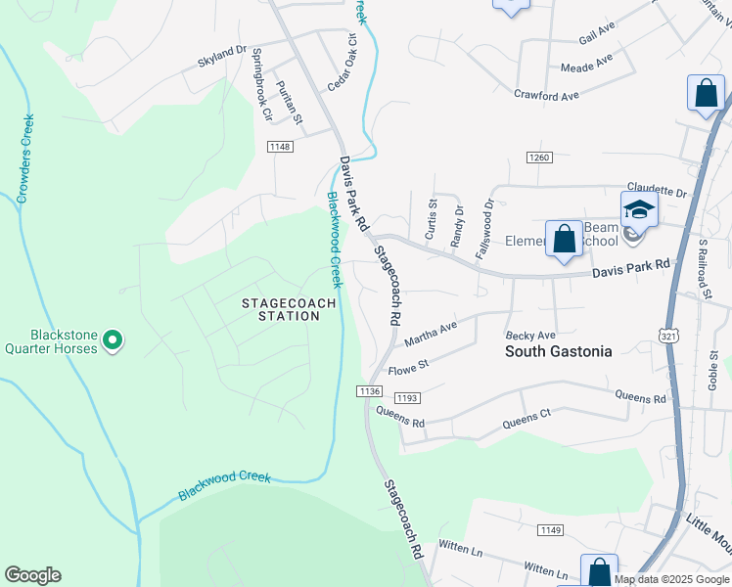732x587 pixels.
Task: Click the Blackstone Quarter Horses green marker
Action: coord(113,340)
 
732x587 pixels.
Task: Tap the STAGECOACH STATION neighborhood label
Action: coord(289,309)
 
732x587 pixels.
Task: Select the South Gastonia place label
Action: coord(558,351)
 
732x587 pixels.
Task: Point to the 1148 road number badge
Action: coord(279,147)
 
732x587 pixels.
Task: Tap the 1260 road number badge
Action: coord(539,157)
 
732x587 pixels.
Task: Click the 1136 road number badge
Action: coord(369,390)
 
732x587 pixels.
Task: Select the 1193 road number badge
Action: coord(407,398)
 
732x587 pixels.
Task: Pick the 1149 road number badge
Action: coord(550,529)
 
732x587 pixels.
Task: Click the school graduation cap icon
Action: coord(638,208)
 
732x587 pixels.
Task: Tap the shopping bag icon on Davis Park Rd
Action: coord(564,239)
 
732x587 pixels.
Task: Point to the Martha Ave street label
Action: coord(432,333)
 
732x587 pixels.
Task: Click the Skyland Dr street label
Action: coord(221,52)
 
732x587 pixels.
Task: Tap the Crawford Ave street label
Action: coord(547,95)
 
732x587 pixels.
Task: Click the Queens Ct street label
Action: coord(526,418)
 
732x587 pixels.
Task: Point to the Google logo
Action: coord(32,575)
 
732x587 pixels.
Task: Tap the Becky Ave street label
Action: coord(529,336)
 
